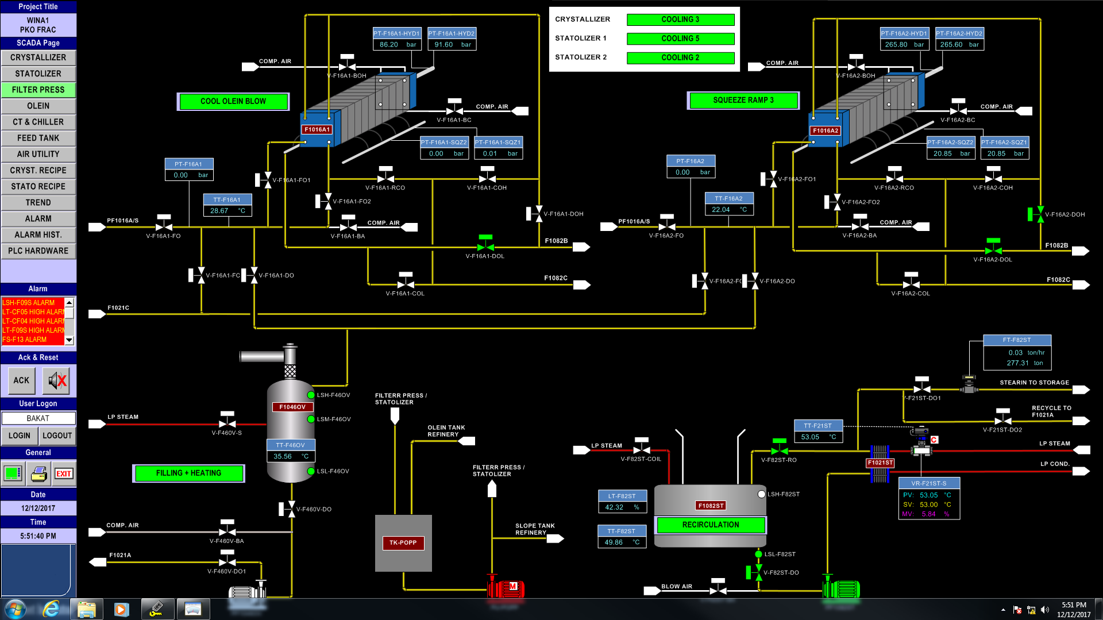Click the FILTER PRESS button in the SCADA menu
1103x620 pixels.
[38, 90]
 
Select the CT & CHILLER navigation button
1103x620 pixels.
[38, 122]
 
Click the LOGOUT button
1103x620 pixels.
[57, 436]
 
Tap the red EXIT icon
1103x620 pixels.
[63, 473]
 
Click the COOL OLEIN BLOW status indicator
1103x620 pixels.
[233, 101]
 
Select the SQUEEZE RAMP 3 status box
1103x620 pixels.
[743, 100]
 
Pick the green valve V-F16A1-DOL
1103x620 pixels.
[485, 246]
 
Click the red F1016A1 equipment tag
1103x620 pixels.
[317, 129]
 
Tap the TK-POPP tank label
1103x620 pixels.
[403, 542]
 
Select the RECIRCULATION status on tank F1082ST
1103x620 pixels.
[710, 525]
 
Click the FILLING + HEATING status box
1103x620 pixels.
[188, 473]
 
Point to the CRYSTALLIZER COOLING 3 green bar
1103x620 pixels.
[680, 20]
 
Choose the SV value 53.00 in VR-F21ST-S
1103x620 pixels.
[928, 505]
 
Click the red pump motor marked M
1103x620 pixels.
[512, 587]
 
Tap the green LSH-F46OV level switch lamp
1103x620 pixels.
[311, 395]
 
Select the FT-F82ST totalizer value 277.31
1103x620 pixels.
[1017, 363]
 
